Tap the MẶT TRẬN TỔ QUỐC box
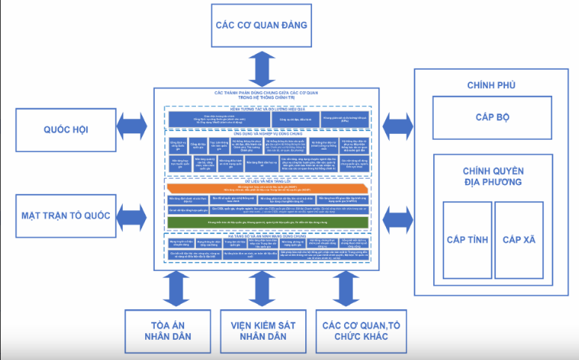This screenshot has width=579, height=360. [66, 216]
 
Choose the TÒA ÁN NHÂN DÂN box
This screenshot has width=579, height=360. [165, 331]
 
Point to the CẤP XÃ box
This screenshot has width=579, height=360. [519, 240]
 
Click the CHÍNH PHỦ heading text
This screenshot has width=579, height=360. [491, 85]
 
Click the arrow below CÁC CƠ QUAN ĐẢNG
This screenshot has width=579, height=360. [262, 68]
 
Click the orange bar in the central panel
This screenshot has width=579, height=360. [268, 188]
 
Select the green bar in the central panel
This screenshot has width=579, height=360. [268, 223]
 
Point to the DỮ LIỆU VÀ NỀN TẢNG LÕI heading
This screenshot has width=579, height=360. [268, 179]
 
